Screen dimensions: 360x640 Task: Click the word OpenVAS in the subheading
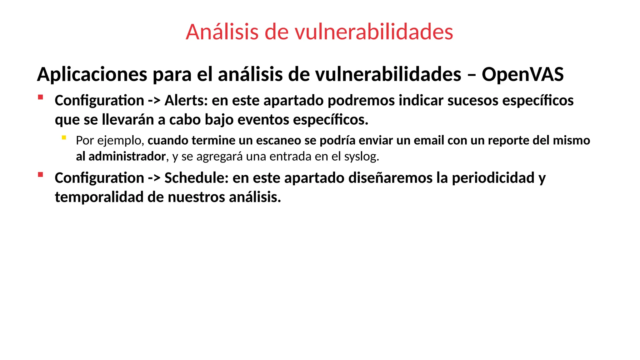pos(522,74)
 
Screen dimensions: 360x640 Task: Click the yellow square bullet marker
pos(64,137)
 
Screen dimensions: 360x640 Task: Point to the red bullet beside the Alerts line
pos(40,97)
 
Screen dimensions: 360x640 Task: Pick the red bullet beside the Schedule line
pos(40,175)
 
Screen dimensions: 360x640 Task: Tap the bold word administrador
pos(127,156)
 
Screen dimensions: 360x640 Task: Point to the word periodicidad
pos(493,178)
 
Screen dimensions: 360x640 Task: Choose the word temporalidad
pos(99,197)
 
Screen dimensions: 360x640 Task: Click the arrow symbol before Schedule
pos(154,178)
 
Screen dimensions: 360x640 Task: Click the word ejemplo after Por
pos(120,141)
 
